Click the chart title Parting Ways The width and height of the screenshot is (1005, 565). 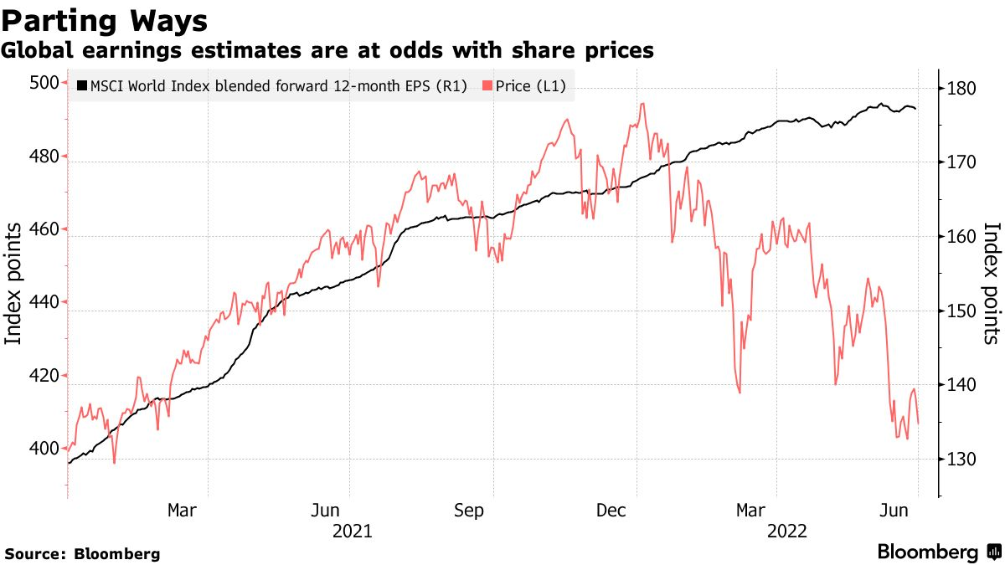click(x=105, y=20)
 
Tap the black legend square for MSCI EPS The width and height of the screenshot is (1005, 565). click(x=81, y=85)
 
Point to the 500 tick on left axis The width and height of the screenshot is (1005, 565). click(x=44, y=83)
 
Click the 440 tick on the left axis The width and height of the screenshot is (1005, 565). click(x=44, y=303)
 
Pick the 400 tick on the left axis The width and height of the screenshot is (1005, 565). click(x=44, y=449)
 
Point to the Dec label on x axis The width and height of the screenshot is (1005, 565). click(x=612, y=511)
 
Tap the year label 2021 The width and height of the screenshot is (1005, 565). click(x=353, y=531)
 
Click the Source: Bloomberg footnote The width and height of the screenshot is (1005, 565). click(x=83, y=554)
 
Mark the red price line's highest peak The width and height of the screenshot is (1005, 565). click(x=642, y=104)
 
